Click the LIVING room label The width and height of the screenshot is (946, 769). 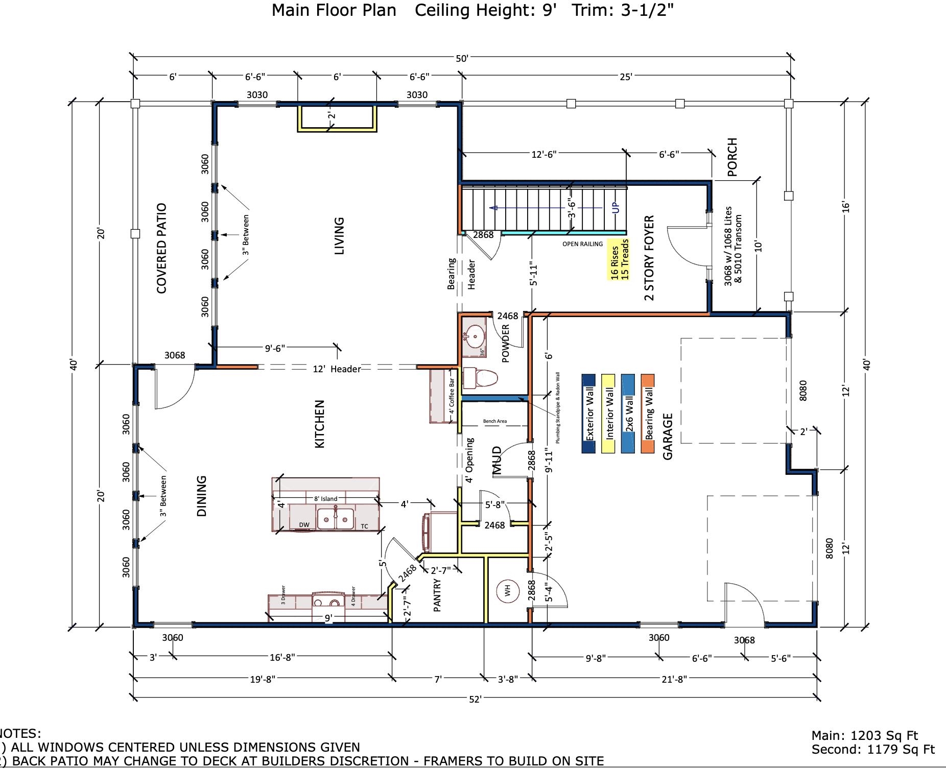point(339,236)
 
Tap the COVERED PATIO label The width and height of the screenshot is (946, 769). point(162,248)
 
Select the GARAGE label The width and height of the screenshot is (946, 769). point(668,437)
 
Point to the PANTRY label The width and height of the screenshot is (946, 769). point(437,595)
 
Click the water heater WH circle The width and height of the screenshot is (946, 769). point(507,591)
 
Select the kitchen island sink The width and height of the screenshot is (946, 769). point(336,519)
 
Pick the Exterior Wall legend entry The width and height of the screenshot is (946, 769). point(588,414)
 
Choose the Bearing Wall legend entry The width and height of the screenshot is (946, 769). point(648,414)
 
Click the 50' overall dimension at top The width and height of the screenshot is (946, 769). point(462,59)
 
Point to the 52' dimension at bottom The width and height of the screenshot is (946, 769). point(475,699)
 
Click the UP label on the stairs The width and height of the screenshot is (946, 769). point(616,208)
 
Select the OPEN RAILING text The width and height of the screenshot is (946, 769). point(582,244)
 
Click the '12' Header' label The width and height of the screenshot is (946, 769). point(337,369)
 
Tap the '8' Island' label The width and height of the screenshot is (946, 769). point(325,498)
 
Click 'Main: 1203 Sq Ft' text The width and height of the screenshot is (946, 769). point(865,736)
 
